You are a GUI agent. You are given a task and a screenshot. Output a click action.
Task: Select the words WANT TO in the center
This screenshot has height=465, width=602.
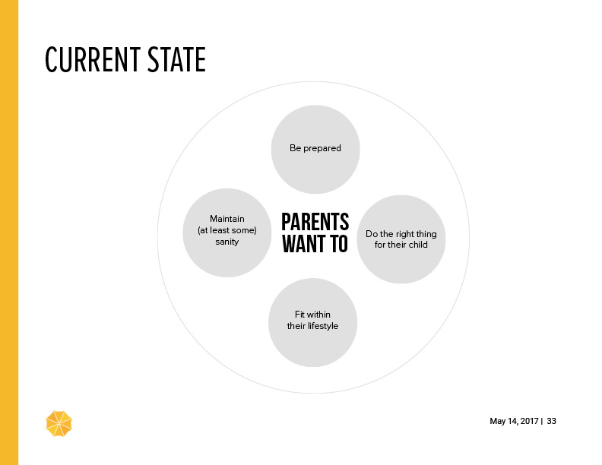click(x=315, y=244)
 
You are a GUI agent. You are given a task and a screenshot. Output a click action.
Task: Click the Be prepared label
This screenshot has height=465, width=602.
click(x=315, y=148)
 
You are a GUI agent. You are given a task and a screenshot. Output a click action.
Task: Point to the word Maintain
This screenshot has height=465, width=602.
click(x=227, y=219)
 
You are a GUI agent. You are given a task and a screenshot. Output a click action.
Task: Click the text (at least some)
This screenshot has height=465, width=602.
click(x=227, y=230)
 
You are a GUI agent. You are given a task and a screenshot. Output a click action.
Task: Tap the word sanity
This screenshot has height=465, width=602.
click(x=227, y=242)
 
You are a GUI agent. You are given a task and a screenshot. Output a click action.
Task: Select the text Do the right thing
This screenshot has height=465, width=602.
click(x=401, y=234)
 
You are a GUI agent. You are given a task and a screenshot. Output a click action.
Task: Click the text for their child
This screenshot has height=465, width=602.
click(x=401, y=245)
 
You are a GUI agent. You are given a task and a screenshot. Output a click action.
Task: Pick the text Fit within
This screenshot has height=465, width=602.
click(x=312, y=315)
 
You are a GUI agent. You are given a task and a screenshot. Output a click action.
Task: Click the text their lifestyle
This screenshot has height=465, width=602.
click(x=312, y=326)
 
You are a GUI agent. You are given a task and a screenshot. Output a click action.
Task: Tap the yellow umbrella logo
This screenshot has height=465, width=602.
click(x=59, y=423)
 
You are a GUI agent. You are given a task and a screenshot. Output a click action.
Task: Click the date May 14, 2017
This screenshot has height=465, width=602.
click(x=514, y=421)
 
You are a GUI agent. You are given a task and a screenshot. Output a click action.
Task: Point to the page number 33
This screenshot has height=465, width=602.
click(x=551, y=421)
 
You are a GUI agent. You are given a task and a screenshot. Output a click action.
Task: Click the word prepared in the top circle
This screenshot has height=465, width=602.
click(x=322, y=148)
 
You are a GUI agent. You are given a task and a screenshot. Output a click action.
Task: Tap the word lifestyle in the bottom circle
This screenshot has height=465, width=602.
click(x=323, y=326)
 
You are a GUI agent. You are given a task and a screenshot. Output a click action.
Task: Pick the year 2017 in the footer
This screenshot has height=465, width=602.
click(x=530, y=421)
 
